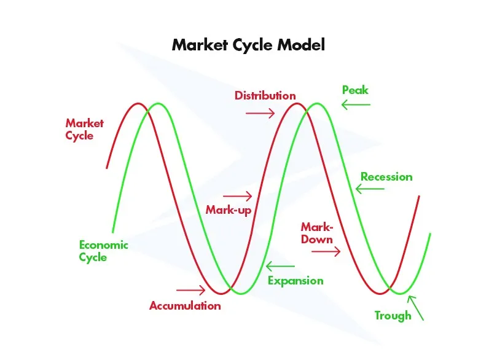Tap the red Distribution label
coord(265,96)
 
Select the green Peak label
coord(355,90)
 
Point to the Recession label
coord(386,177)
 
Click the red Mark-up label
coord(228,210)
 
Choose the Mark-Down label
coord(317,233)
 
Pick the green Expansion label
coord(295,281)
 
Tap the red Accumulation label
coord(185,305)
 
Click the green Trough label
coord(393,316)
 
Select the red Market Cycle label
coord(85,129)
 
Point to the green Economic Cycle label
coord(104,251)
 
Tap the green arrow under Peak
coord(356,105)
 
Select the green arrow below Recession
coord(370,189)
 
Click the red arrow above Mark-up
coord(238,196)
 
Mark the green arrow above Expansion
coord(280,267)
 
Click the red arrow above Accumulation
coord(190,290)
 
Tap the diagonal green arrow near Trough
coord(416,308)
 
